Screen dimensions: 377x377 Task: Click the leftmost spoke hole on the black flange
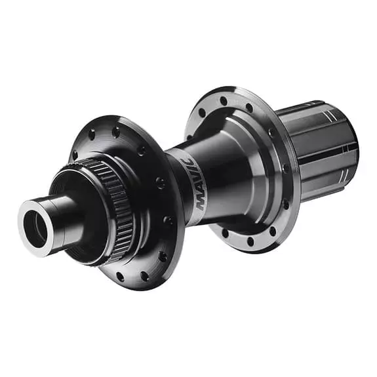point(74,156)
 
